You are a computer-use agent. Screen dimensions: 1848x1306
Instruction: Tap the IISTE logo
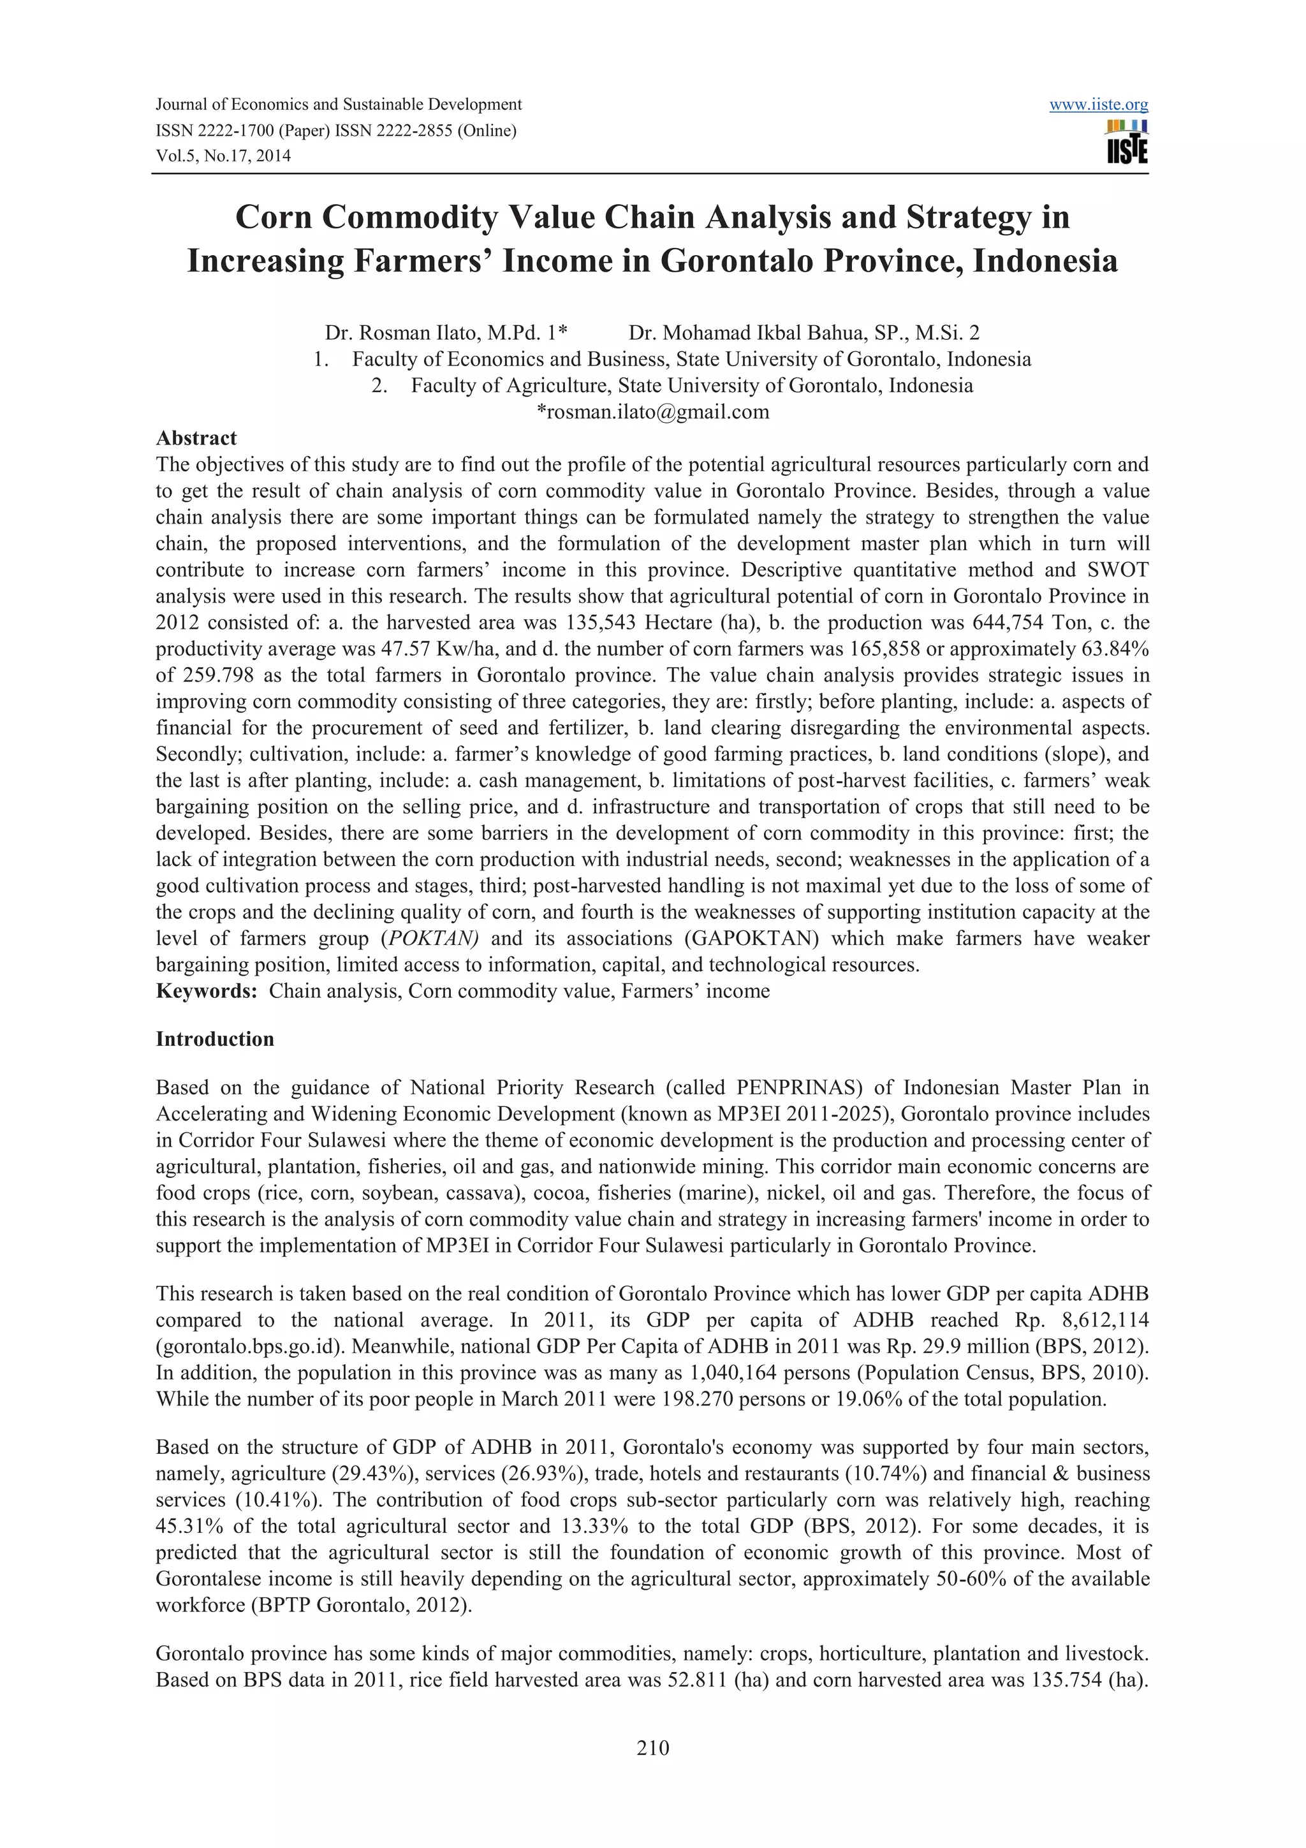[x=1127, y=142]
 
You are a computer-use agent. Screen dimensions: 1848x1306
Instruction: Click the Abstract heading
[x=196, y=438]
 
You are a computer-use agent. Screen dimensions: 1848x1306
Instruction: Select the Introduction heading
[x=215, y=1039]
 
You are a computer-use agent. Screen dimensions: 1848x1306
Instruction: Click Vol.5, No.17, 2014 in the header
[x=223, y=156]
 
